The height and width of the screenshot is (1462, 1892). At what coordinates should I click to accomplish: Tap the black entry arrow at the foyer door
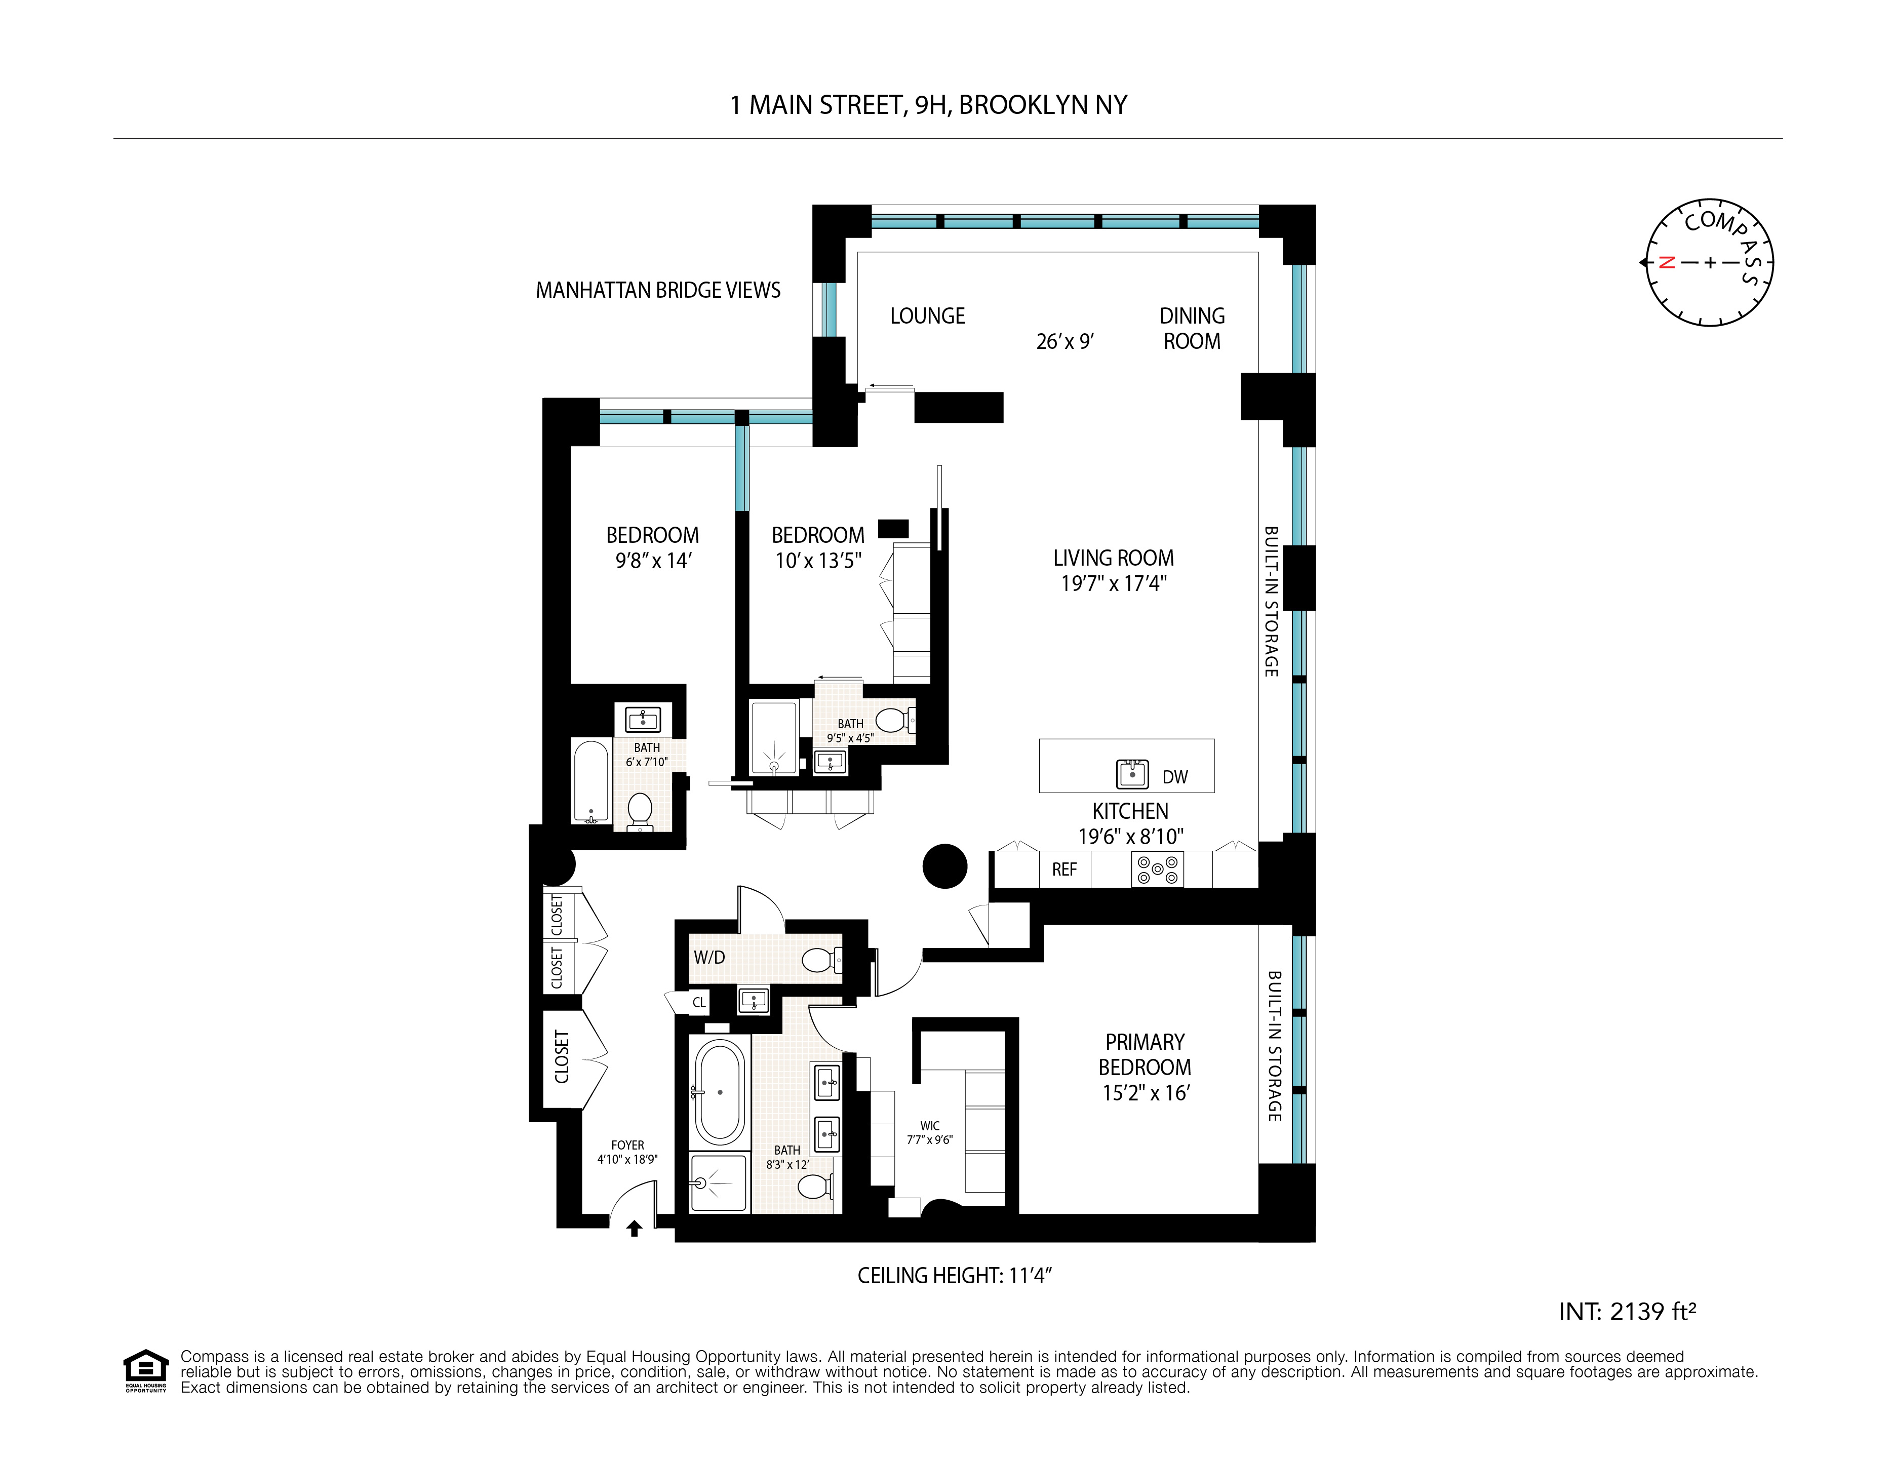[x=634, y=1228]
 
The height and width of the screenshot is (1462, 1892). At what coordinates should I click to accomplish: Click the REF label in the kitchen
[x=1064, y=870]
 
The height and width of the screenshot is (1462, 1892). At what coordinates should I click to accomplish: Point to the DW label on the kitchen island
[x=1175, y=777]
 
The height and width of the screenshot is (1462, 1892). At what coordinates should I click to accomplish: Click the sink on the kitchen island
[x=1132, y=773]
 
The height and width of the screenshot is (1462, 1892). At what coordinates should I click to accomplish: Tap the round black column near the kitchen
[x=944, y=866]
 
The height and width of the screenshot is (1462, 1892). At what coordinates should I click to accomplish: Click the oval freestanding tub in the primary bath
[x=720, y=1093]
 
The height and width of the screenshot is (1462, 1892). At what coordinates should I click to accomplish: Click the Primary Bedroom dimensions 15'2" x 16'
[x=1145, y=1093]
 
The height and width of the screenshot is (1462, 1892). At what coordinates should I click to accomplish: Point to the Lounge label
[x=927, y=316]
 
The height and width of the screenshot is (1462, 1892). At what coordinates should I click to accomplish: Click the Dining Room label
[x=1192, y=328]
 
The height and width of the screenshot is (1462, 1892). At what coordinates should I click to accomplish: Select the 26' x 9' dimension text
[x=1065, y=341]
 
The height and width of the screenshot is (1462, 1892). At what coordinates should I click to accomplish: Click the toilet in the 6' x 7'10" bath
[x=639, y=810]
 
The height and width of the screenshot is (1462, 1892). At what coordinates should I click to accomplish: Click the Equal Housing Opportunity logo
[x=145, y=1370]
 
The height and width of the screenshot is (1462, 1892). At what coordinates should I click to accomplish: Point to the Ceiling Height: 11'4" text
[x=954, y=1276]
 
